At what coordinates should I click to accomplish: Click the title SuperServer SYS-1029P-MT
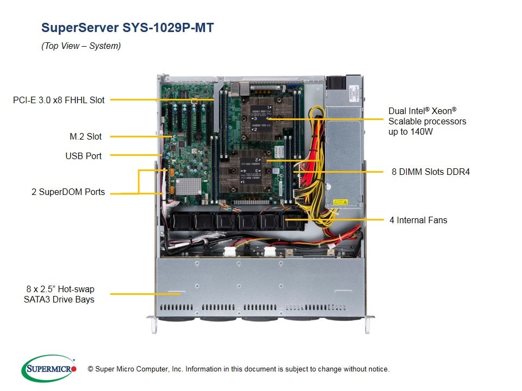coord(127,28)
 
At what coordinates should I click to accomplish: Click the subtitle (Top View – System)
coord(81,46)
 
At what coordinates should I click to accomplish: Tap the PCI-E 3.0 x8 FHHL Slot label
coord(59,100)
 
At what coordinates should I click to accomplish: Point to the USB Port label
coord(83,156)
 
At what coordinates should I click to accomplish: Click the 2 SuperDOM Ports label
coord(68,192)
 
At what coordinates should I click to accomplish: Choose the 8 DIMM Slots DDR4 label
coord(430,172)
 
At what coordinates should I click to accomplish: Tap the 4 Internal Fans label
coord(418,220)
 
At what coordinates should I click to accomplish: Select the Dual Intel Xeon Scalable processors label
coord(427,121)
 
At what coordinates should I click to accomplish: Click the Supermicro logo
coord(48,368)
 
